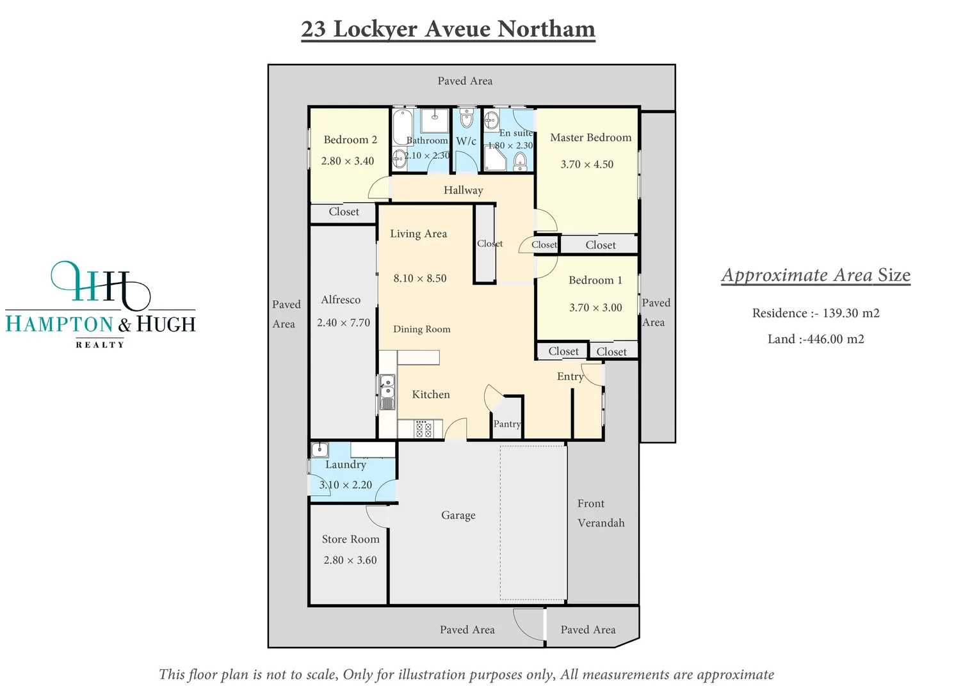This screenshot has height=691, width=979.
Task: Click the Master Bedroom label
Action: [590, 138]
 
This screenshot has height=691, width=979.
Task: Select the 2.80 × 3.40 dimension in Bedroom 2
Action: [348, 161]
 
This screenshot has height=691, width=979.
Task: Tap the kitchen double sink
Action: [387, 392]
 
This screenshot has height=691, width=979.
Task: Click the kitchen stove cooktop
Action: [423, 429]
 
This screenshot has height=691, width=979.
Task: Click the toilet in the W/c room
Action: [466, 118]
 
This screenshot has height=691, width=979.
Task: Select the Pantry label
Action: [507, 424]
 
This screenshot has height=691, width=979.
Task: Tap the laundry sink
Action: [320, 449]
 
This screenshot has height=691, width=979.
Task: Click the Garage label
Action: [458, 515]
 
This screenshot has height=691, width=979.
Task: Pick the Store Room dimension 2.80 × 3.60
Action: [350, 560]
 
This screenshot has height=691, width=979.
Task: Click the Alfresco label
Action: [341, 299]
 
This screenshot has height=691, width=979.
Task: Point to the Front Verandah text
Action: [600, 513]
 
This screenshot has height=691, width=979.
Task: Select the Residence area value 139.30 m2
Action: [850, 313]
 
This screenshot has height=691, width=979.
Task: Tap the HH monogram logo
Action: [101, 283]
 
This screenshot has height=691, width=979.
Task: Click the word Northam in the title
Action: [546, 29]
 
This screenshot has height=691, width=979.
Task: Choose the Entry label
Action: [570, 376]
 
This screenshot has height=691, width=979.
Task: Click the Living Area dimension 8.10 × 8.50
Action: [420, 278]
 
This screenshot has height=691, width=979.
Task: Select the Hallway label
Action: [463, 190]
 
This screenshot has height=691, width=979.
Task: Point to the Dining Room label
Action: [421, 329]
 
